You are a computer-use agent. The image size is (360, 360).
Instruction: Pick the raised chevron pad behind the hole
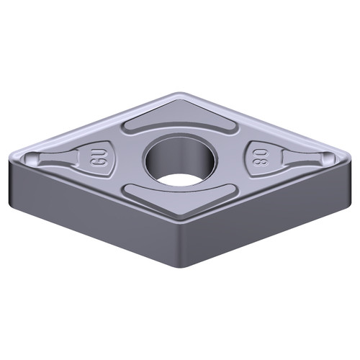click(x=180, y=121)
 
